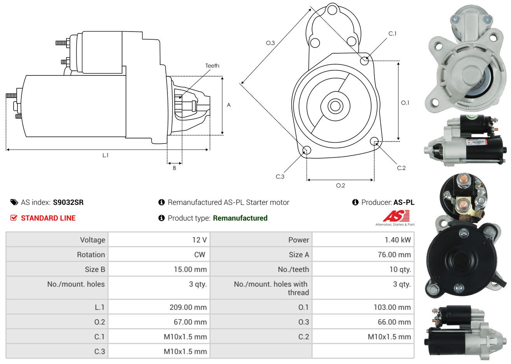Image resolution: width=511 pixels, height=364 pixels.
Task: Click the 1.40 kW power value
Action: tap(398, 240)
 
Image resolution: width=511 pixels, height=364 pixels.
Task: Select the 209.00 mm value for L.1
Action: tap(188, 307)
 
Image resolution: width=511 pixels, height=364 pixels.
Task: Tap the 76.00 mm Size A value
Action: tap(394, 255)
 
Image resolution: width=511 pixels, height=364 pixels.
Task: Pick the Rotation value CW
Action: tap(199, 255)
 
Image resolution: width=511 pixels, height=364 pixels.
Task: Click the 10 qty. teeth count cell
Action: tap(400, 269)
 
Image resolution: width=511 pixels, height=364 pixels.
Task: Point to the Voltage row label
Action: tap(92, 240)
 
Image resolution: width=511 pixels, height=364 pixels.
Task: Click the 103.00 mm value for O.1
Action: tap(392, 307)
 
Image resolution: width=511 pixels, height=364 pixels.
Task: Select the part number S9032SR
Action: tap(68, 202)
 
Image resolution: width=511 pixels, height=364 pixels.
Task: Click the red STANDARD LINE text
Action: tap(48, 218)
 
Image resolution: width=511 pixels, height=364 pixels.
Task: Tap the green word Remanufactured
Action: tap(240, 218)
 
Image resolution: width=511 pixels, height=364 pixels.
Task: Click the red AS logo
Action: tap(396, 216)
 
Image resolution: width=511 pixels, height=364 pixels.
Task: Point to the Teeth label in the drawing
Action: tap(212, 66)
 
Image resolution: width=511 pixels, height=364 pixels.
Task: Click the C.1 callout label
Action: tap(392, 34)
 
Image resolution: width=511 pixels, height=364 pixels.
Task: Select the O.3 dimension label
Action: tap(270, 43)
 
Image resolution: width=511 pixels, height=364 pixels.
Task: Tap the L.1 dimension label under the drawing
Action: tap(105, 155)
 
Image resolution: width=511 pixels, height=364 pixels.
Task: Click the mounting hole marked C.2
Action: tap(374, 141)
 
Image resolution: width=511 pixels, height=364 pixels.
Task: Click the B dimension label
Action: tap(174, 168)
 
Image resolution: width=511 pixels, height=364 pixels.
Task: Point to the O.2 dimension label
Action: tap(340, 185)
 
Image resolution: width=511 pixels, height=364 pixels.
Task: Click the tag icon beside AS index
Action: tap(14, 202)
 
